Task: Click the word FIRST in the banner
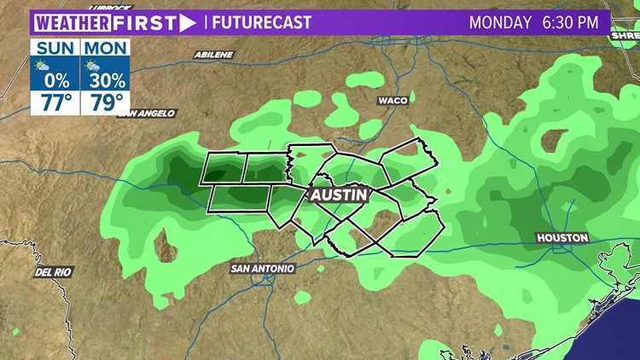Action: tap(144, 22)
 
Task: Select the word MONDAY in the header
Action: tap(501, 22)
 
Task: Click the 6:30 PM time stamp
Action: tap(570, 22)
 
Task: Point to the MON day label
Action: tap(105, 47)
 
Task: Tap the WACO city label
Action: tap(393, 100)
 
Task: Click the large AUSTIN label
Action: tap(339, 195)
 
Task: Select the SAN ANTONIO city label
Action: tap(263, 268)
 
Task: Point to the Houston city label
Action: tap(561, 237)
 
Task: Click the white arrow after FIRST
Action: tap(187, 22)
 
